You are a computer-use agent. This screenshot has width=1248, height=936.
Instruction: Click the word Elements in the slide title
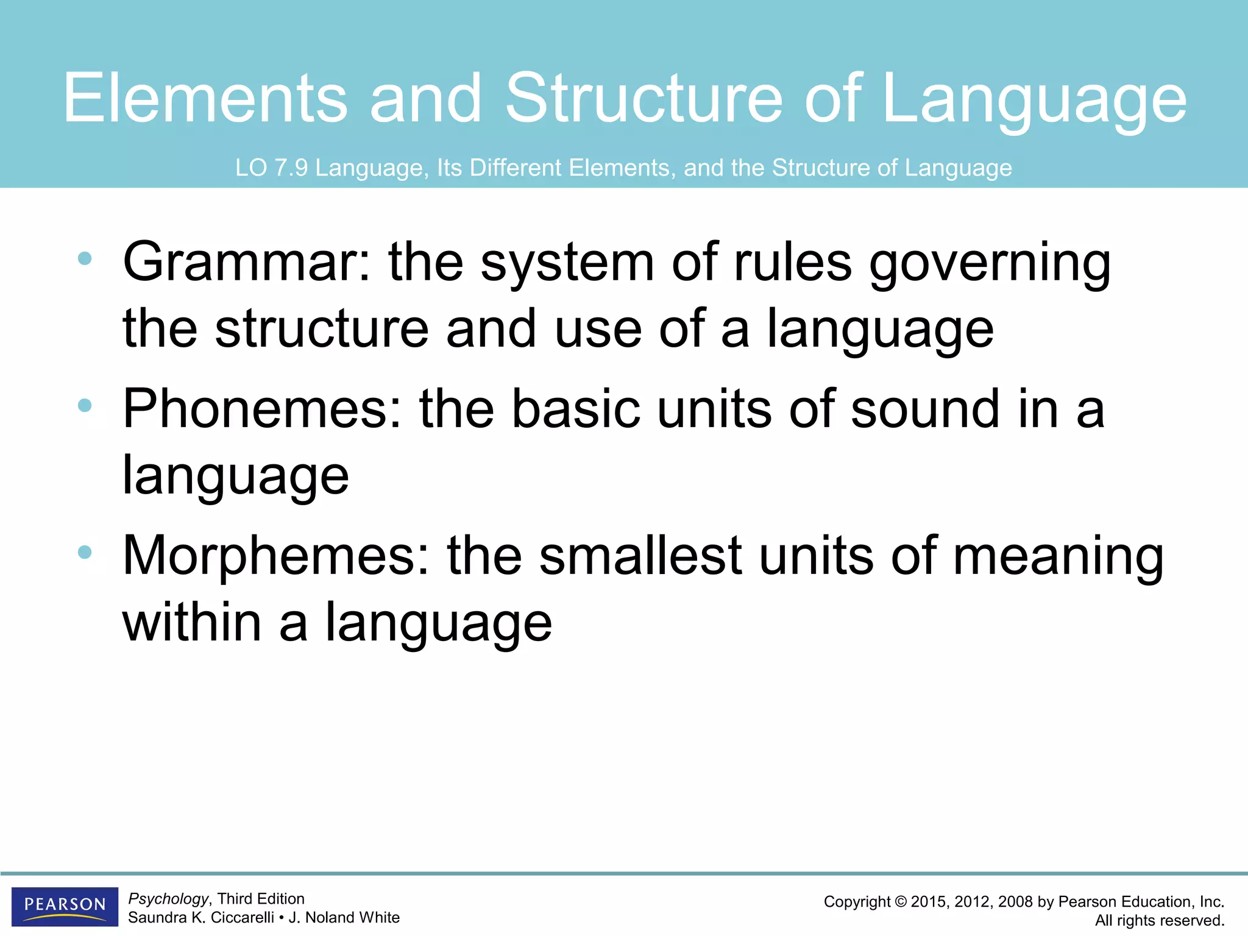click(205, 97)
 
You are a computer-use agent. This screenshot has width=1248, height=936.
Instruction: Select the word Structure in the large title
click(643, 97)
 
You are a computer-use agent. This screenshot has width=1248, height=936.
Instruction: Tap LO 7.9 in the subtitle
click(271, 168)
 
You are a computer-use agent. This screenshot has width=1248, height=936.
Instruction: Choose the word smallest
click(640, 556)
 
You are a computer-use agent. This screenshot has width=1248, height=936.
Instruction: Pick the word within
click(192, 622)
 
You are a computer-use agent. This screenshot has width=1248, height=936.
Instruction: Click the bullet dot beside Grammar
click(85, 259)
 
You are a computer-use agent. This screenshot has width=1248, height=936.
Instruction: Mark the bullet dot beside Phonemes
click(85, 405)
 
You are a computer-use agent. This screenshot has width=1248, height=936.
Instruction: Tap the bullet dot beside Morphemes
click(85, 553)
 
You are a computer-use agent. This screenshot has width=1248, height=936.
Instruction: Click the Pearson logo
click(65, 906)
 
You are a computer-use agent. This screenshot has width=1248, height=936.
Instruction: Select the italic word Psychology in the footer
click(168, 899)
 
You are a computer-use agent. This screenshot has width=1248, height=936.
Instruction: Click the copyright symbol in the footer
click(901, 902)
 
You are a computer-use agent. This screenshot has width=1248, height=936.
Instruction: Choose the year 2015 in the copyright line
click(929, 902)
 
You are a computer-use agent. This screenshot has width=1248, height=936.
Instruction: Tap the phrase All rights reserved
click(1160, 920)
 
